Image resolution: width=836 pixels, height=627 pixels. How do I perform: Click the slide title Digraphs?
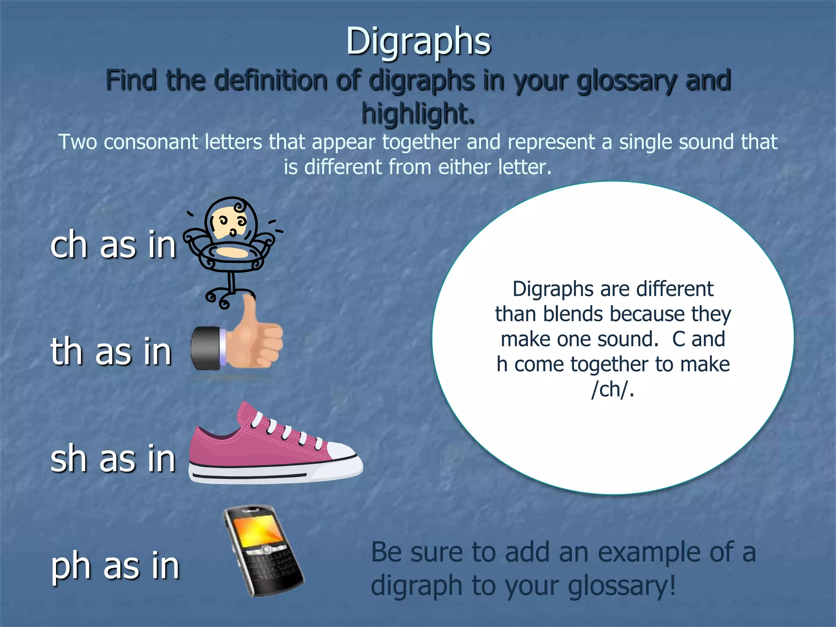tap(418, 42)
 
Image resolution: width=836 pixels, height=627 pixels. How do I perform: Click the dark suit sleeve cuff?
tap(206, 348)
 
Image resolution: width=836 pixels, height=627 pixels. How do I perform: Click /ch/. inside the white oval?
tap(613, 389)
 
